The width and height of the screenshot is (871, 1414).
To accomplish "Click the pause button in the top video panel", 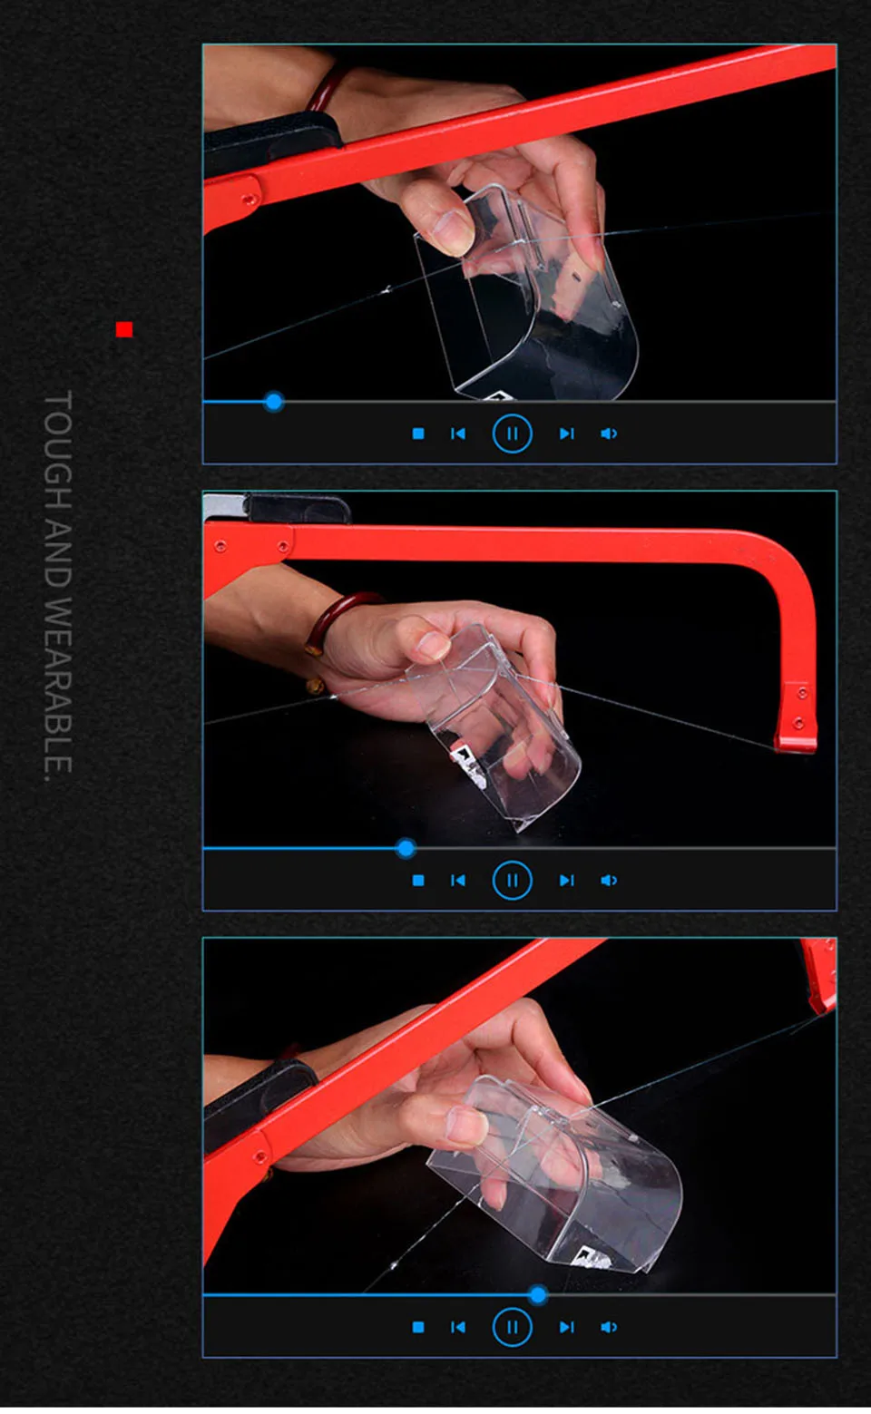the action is (x=512, y=434).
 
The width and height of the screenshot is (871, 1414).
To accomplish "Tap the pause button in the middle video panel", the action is (x=512, y=880).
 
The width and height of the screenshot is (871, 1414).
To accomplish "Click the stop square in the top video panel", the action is (x=418, y=434).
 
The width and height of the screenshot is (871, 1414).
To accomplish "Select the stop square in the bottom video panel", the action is (x=418, y=1327).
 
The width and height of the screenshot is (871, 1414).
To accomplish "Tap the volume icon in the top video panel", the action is (x=609, y=434).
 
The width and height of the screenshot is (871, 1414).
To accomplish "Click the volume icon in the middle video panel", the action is (x=609, y=880).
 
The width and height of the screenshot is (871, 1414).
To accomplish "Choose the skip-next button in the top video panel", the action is (x=566, y=434).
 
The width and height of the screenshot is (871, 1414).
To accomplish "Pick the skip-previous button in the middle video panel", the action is (x=458, y=880).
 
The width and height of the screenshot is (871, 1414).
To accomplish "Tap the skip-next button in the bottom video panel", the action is (x=566, y=1327).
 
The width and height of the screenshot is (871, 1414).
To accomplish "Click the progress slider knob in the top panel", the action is (x=273, y=402).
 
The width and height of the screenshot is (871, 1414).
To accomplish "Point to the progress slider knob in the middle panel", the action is (x=406, y=848).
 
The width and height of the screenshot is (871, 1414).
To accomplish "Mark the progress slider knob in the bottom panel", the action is (x=537, y=1295).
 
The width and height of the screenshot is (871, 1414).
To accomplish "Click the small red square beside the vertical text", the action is (x=124, y=329).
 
